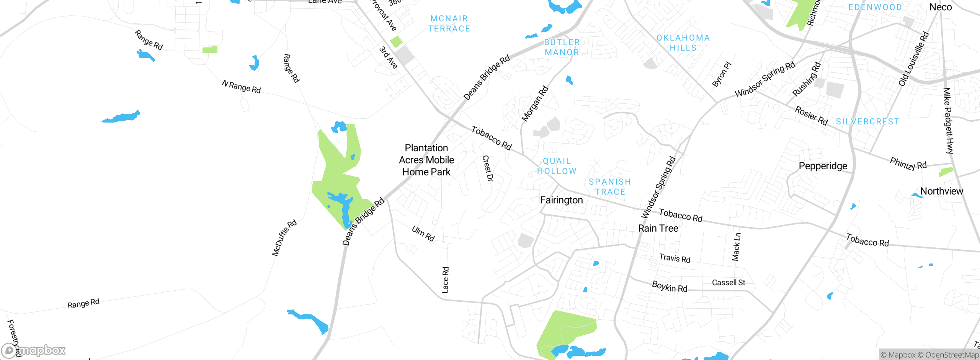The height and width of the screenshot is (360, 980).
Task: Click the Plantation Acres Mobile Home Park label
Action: coord(426,160)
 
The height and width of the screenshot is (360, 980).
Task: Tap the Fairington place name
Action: coord(561,200)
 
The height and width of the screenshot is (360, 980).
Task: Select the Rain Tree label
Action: coord(658,229)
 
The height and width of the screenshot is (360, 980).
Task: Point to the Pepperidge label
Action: coord(823,166)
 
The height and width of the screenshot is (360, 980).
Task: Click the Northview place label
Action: coord(941,191)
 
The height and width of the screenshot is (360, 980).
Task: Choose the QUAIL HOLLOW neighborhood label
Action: coord(557,166)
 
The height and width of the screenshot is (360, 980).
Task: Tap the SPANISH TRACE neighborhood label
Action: coord(610,187)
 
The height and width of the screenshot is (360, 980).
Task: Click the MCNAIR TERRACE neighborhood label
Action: coord(449,24)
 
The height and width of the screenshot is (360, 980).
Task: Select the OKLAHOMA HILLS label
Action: coord(683,43)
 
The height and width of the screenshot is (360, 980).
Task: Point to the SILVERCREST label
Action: coord(867,122)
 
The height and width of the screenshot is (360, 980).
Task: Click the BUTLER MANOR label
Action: coord(562,47)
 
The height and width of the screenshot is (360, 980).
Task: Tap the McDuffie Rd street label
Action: coord(284,238)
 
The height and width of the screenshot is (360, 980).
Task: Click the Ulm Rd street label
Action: coord(423,234)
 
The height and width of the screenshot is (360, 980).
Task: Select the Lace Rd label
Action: coord(445,280)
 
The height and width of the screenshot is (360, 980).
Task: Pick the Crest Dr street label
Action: coord(488,168)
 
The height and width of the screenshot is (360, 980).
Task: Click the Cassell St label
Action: coord(728,283)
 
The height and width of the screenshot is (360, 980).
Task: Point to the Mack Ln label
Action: coord(736,247)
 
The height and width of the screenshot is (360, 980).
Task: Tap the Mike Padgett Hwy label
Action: coord(948,121)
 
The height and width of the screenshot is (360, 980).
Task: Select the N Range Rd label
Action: coord(241,87)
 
